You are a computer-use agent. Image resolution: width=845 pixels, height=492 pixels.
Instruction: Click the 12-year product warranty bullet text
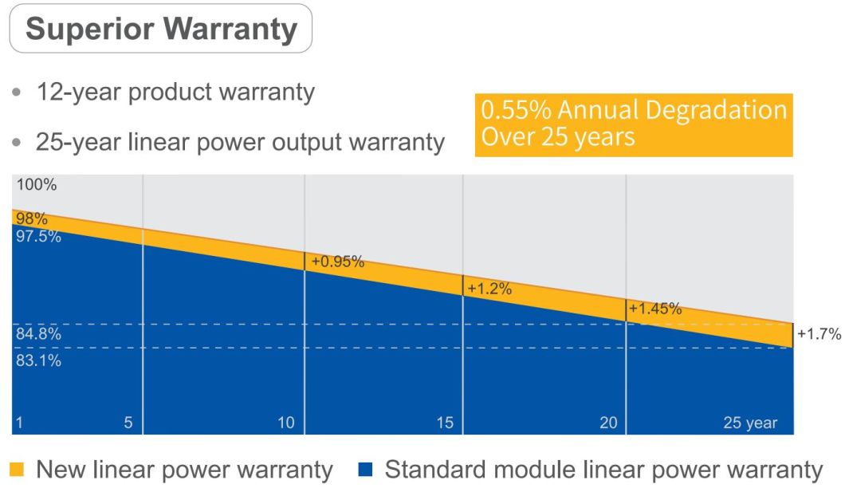click(175, 92)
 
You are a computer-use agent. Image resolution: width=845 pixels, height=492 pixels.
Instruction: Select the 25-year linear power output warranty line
click(240, 142)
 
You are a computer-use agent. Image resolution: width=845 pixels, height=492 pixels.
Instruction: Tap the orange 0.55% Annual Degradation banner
click(634, 124)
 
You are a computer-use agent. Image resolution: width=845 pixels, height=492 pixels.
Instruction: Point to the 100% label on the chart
click(37, 185)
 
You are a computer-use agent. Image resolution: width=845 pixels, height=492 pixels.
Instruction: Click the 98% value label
click(32, 218)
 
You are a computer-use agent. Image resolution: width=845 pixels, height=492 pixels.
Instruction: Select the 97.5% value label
click(38, 236)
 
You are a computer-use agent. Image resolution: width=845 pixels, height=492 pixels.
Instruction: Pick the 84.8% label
click(38, 335)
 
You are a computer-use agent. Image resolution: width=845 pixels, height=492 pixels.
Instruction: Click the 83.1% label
click(38, 360)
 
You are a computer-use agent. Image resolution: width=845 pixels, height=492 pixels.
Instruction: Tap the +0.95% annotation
click(337, 261)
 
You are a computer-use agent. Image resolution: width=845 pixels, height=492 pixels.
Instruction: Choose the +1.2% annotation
click(489, 289)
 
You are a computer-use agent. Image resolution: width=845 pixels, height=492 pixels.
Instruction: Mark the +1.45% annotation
click(655, 309)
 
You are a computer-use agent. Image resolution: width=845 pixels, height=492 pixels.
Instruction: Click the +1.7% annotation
click(819, 334)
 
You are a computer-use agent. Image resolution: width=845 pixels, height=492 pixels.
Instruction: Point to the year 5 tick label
click(128, 423)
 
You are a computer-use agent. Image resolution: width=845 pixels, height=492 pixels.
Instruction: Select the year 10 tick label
click(286, 423)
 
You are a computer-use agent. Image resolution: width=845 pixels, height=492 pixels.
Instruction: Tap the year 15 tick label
click(445, 423)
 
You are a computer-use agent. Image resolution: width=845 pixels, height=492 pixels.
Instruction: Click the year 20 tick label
click(608, 423)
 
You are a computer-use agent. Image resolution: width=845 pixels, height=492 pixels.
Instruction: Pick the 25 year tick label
click(749, 423)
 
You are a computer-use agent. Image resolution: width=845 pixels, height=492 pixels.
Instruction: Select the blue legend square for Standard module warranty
click(366, 470)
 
